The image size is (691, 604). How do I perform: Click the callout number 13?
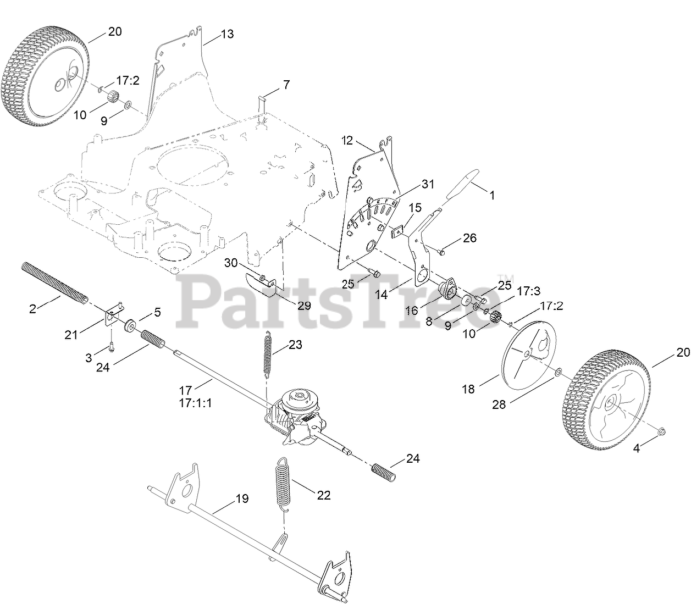(226, 34)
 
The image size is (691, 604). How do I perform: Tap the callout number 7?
(286, 85)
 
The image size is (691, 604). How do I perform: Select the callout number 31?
(428, 185)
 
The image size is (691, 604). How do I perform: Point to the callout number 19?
(241, 499)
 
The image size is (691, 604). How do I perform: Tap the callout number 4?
(637, 448)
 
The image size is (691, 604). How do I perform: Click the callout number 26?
(469, 238)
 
